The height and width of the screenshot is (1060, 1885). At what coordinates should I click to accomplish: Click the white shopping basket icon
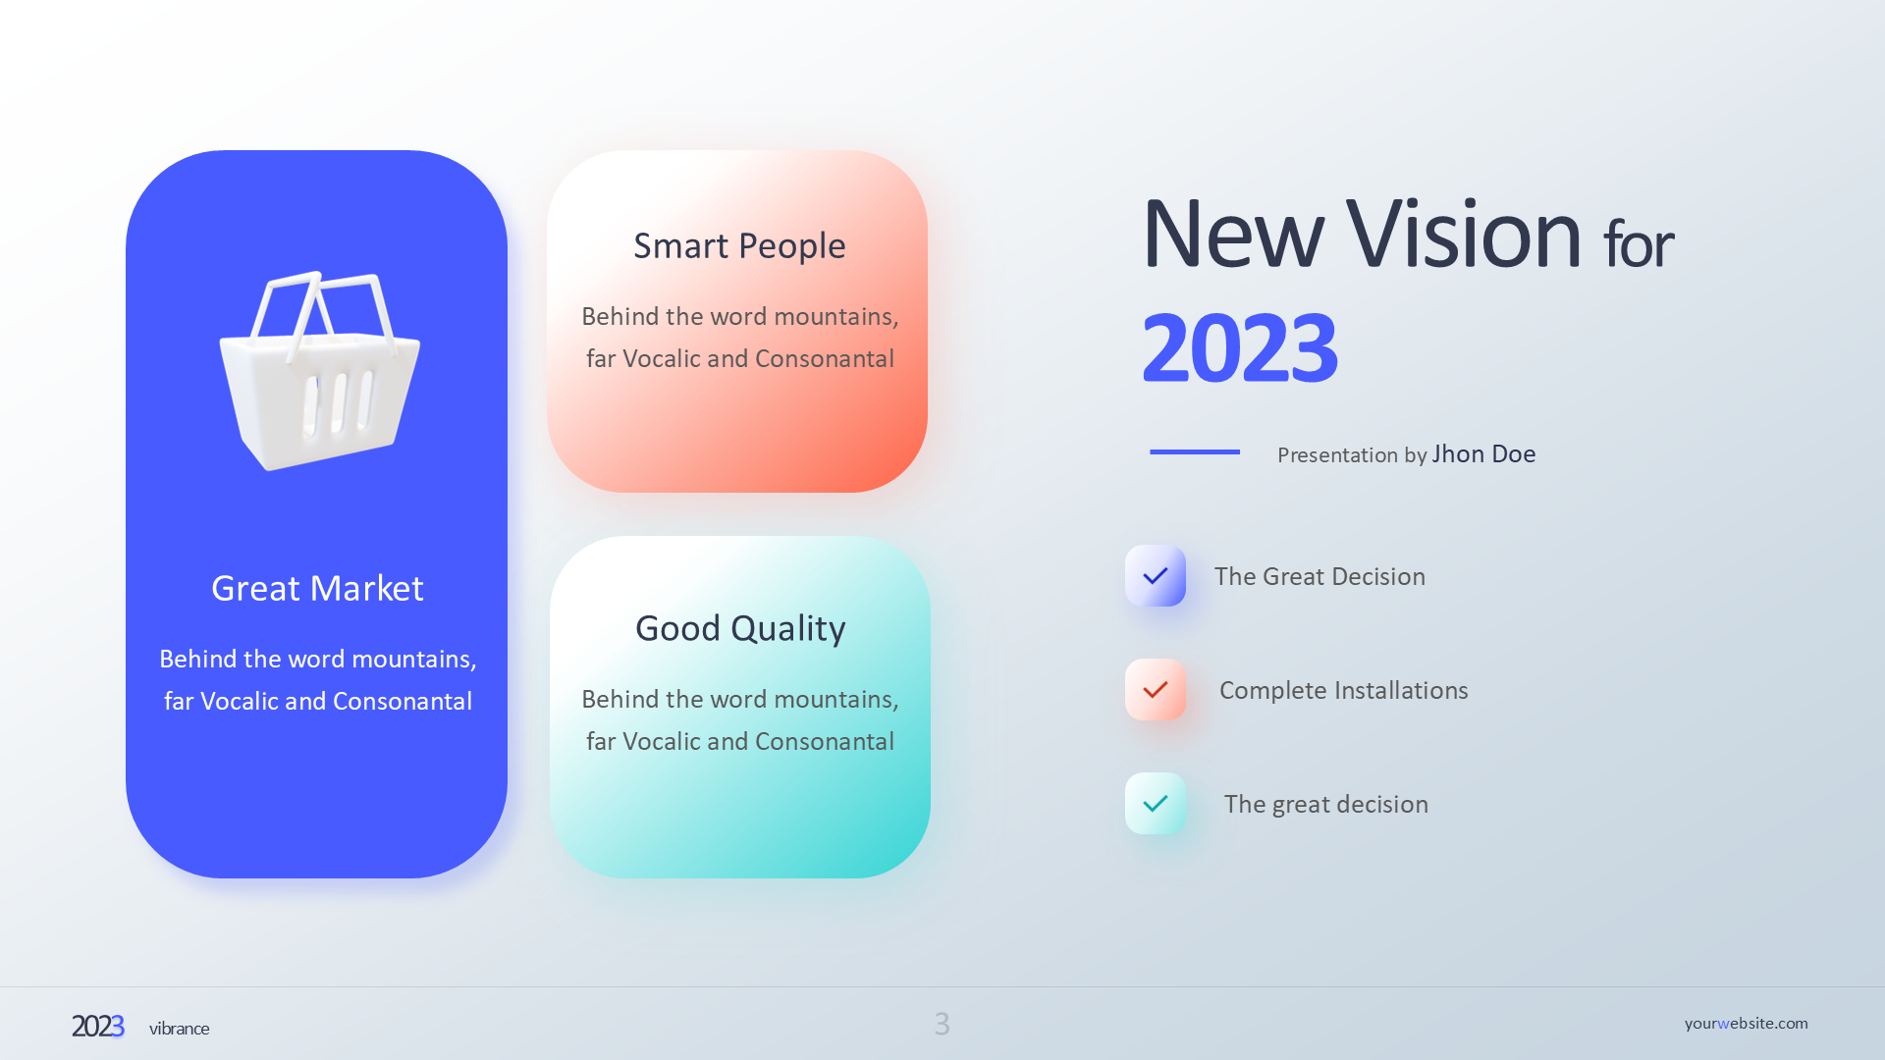click(x=319, y=371)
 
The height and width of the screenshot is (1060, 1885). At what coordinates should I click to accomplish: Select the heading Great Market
click(x=317, y=588)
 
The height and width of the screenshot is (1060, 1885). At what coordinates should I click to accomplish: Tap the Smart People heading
click(x=739, y=245)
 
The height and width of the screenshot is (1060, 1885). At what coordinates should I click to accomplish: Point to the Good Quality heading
click(x=740, y=628)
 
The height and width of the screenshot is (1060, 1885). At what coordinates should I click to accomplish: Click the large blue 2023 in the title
click(x=1239, y=347)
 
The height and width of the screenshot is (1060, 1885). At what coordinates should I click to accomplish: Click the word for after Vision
click(x=1639, y=244)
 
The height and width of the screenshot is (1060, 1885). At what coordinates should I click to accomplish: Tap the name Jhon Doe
click(x=1483, y=453)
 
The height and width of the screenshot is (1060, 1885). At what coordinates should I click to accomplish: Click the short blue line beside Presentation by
click(x=1195, y=451)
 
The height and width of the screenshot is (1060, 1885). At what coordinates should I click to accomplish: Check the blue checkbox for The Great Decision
click(x=1156, y=576)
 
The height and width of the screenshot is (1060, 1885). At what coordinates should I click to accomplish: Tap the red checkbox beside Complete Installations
click(x=1156, y=690)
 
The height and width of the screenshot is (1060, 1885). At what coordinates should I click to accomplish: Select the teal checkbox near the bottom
click(x=1156, y=804)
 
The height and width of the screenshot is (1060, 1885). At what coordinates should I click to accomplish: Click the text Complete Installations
click(x=1344, y=690)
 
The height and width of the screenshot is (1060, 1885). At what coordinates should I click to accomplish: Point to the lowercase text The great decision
click(x=1326, y=804)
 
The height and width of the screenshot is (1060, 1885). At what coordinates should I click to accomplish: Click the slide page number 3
click(x=942, y=1024)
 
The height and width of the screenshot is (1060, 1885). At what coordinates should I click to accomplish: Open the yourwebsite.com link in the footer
click(x=1747, y=1023)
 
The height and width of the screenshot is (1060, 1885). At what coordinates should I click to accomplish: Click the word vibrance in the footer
click(x=180, y=1029)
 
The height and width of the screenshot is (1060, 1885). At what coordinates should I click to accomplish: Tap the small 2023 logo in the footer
click(x=98, y=1026)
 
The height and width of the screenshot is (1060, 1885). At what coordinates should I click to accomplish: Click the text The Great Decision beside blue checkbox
click(x=1319, y=576)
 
